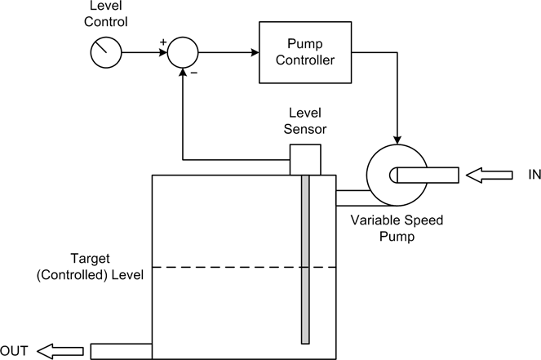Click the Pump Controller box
click(x=307, y=53)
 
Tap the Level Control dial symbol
click(x=104, y=54)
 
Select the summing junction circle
click(x=183, y=54)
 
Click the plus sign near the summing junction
click(x=163, y=41)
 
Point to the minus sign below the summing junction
click(x=194, y=74)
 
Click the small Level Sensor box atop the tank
click(x=304, y=159)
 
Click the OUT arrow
click(x=61, y=351)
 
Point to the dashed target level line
click(x=244, y=268)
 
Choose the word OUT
click(x=16, y=351)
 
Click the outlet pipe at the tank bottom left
click(x=121, y=351)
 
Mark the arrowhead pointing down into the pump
click(x=397, y=138)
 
